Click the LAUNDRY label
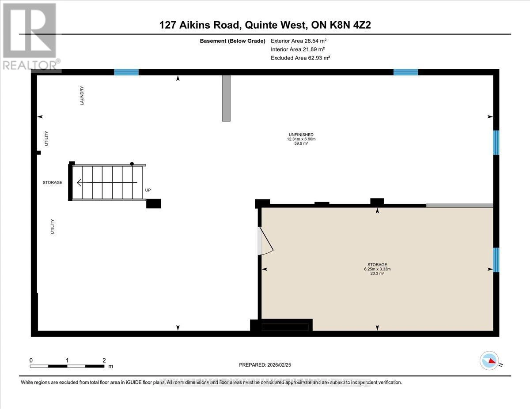pyautogui.click(x=82, y=95)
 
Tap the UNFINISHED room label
pyautogui.click(x=301, y=135)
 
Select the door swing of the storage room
pyautogui.click(x=265, y=242)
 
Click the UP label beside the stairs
pyautogui.click(x=148, y=190)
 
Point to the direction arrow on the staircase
pyautogui.click(x=106, y=182)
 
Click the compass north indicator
pyautogui.click(x=489, y=360)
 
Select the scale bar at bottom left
pyautogui.click(x=67, y=366)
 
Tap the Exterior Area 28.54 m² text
pyautogui.click(x=299, y=41)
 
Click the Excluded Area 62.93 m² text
pyautogui.click(x=300, y=58)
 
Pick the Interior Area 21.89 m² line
pyautogui.click(x=298, y=49)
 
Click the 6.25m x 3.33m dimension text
pyautogui.click(x=376, y=269)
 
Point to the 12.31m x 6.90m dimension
pyautogui.click(x=301, y=139)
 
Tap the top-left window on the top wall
pyautogui.click(x=126, y=72)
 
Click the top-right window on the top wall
pyautogui.click(x=405, y=72)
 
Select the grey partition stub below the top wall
pyautogui.click(x=226, y=98)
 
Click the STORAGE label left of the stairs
pyautogui.click(x=52, y=182)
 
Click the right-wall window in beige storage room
pyautogui.click(x=496, y=259)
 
